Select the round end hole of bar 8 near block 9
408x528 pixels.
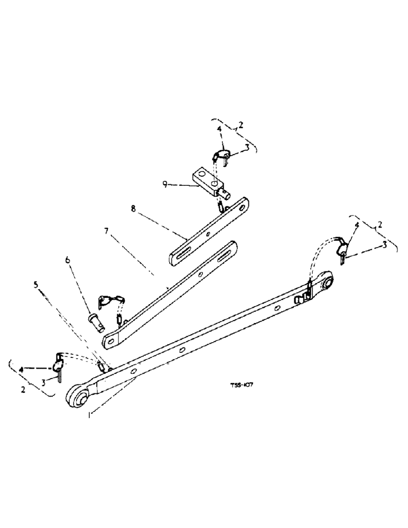pos(244,204)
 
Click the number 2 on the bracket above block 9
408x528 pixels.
pos(240,125)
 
